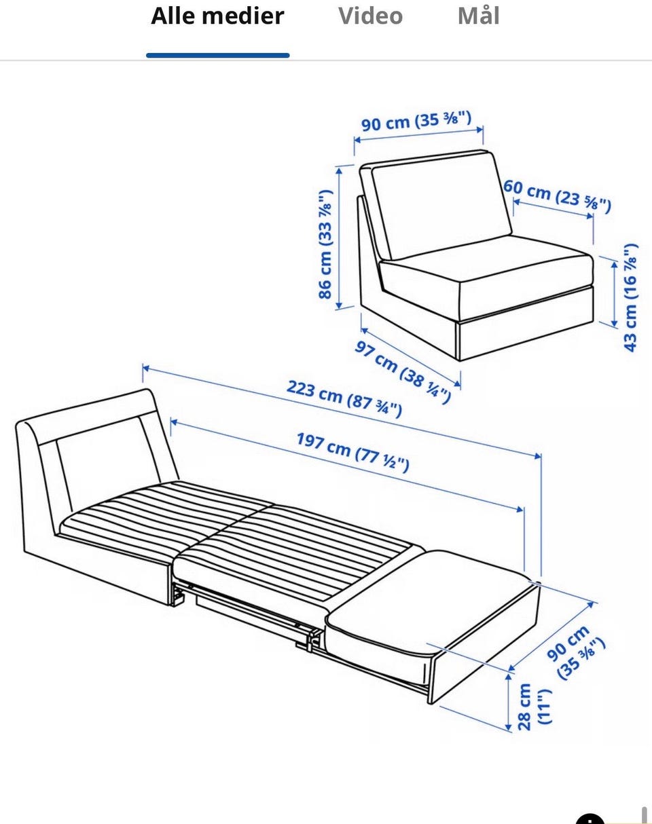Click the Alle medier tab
(x=217, y=16)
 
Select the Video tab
(x=370, y=16)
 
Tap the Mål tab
(x=478, y=16)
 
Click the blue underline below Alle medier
(x=217, y=56)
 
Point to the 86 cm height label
(x=325, y=244)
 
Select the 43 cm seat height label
(x=630, y=297)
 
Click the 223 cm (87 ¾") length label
(x=344, y=399)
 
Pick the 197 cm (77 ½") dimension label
(x=352, y=452)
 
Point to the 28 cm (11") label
(x=534, y=707)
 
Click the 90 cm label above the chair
(x=416, y=121)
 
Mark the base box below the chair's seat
(x=526, y=330)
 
